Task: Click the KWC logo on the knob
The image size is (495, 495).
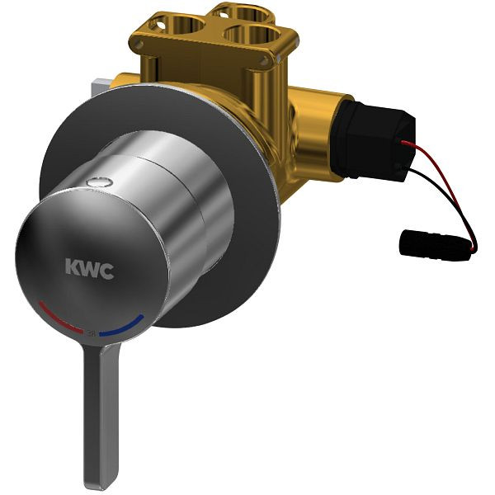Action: click(x=89, y=267)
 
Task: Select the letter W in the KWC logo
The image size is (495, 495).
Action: click(x=89, y=267)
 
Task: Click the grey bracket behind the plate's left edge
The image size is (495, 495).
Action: click(x=101, y=83)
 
